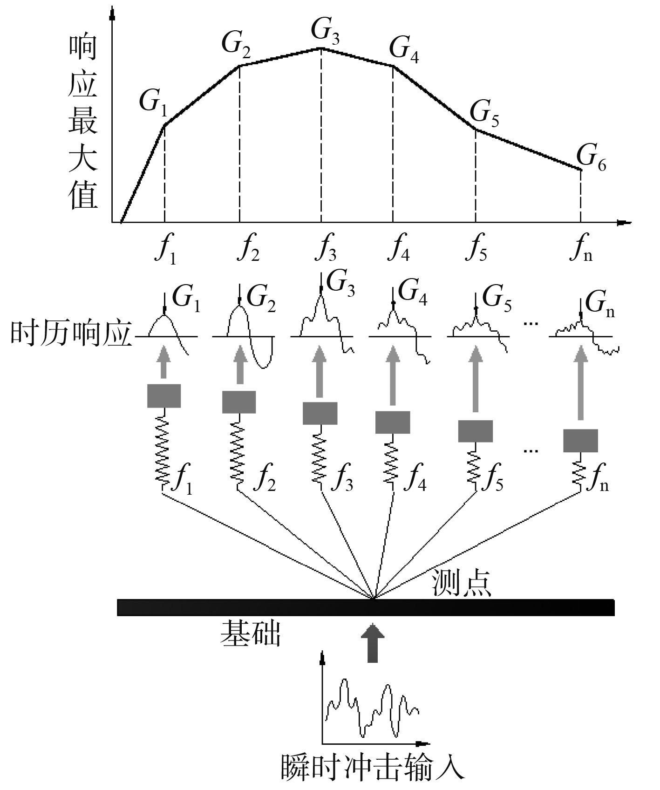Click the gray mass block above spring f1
164,396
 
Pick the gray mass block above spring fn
580,441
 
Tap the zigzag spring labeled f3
320,459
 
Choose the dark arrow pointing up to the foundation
373,643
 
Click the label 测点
461,582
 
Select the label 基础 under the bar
251,633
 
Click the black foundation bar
366,607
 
